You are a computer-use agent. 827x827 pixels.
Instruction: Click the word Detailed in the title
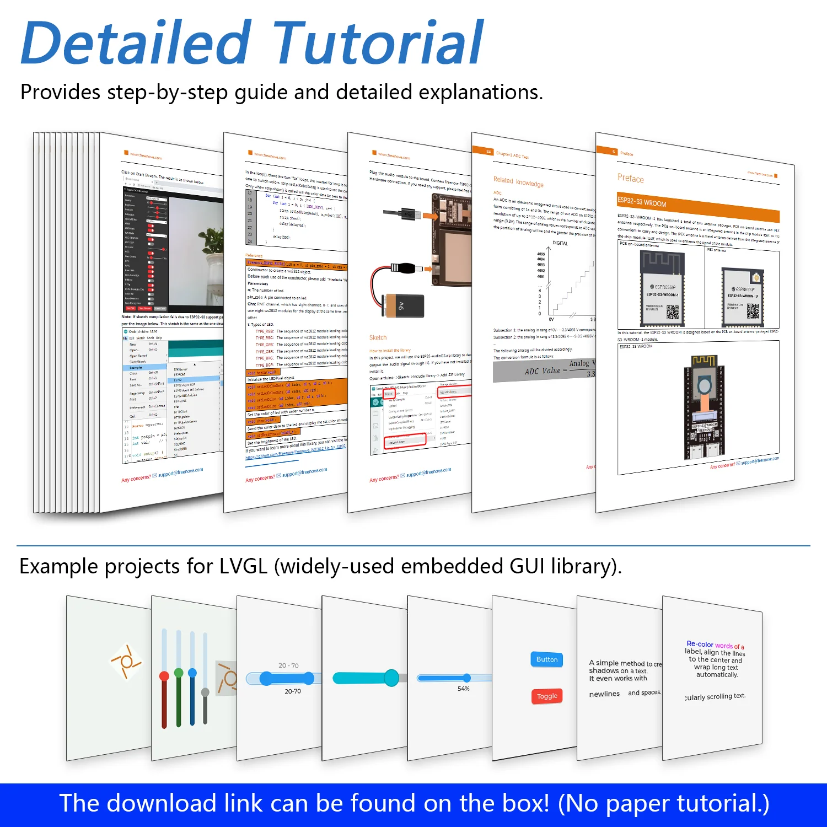136,43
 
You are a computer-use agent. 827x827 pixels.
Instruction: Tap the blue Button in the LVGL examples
547,659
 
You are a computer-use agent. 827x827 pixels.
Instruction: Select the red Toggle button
547,696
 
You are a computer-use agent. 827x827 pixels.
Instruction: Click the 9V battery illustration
405,305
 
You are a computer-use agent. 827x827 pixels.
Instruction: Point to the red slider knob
164,676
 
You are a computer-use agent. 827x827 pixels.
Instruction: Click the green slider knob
179,673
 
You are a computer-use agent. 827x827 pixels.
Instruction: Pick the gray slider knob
205,692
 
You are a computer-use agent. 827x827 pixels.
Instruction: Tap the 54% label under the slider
464,689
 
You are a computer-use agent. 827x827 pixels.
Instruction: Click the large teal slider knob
391,677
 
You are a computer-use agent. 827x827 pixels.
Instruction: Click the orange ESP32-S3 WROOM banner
697,208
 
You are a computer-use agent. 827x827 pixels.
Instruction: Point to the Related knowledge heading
518,182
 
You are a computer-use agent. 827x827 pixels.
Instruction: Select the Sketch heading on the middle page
378,337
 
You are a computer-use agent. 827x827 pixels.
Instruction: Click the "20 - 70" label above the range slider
288,665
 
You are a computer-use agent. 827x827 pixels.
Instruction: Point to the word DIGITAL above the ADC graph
560,243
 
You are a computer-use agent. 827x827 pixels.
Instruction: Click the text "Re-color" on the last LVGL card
700,644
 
